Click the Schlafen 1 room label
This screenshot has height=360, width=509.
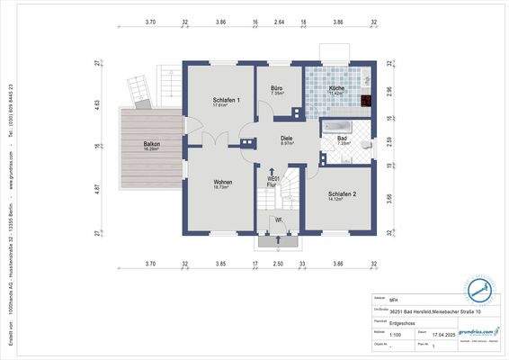coord(226,99)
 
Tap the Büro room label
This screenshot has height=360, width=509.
coord(279,87)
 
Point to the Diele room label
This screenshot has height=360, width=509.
coord(287,138)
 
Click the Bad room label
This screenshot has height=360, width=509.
coord(342,138)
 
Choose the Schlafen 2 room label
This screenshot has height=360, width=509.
coord(343,193)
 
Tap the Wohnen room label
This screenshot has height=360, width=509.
coord(223,182)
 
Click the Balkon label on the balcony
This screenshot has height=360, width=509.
coord(151,144)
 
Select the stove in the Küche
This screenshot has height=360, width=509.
coord(367,101)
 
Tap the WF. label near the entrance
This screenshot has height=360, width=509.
coord(279,219)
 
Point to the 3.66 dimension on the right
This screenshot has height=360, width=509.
coord(389,198)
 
